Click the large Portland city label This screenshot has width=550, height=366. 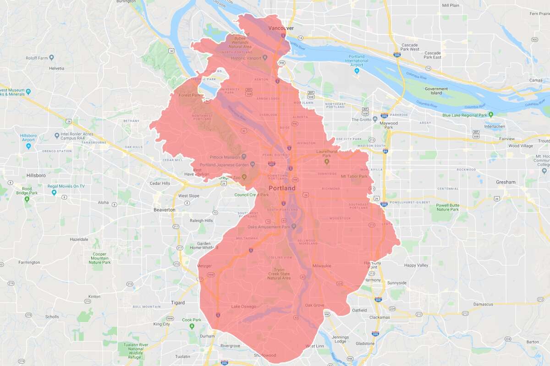(x=282, y=188)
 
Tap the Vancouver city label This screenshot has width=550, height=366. (x=280, y=28)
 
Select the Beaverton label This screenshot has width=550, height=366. (x=164, y=210)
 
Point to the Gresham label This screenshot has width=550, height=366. (x=506, y=182)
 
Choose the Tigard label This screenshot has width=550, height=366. (x=177, y=303)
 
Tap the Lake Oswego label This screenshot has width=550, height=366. (x=244, y=307)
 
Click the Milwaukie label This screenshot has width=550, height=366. (x=322, y=266)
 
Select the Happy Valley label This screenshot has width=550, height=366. (x=416, y=265)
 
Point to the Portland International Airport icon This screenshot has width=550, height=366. (x=357, y=71)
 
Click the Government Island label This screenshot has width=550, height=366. (x=436, y=91)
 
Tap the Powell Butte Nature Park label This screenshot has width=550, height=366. (x=447, y=207)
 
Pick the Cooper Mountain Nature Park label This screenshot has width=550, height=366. (x=100, y=258)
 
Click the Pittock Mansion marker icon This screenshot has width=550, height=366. (x=244, y=157)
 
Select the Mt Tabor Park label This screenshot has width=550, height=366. (x=354, y=176)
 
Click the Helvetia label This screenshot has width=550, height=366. (x=56, y=68)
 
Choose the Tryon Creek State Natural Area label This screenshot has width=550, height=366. (x=280, y=274)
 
